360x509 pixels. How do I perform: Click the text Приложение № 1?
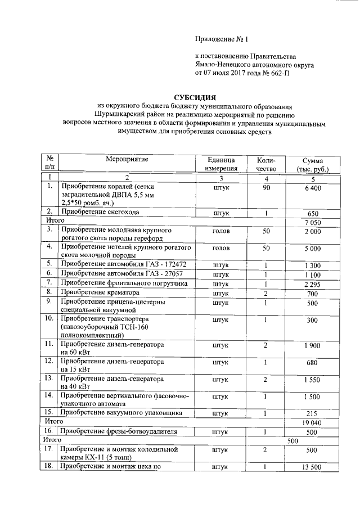221,39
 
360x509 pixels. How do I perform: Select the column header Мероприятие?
127,159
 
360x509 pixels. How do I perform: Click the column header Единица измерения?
220,164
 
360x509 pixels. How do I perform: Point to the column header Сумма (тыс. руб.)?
312,164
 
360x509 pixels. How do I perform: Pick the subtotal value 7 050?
312,223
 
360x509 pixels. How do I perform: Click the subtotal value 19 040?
312,422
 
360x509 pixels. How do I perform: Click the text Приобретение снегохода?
100,213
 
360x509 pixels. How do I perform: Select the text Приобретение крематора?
100,292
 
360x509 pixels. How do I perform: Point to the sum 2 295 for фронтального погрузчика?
312,283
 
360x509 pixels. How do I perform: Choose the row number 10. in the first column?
49,319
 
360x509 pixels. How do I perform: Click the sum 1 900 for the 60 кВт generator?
312,345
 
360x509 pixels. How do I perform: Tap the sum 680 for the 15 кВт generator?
312,363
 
